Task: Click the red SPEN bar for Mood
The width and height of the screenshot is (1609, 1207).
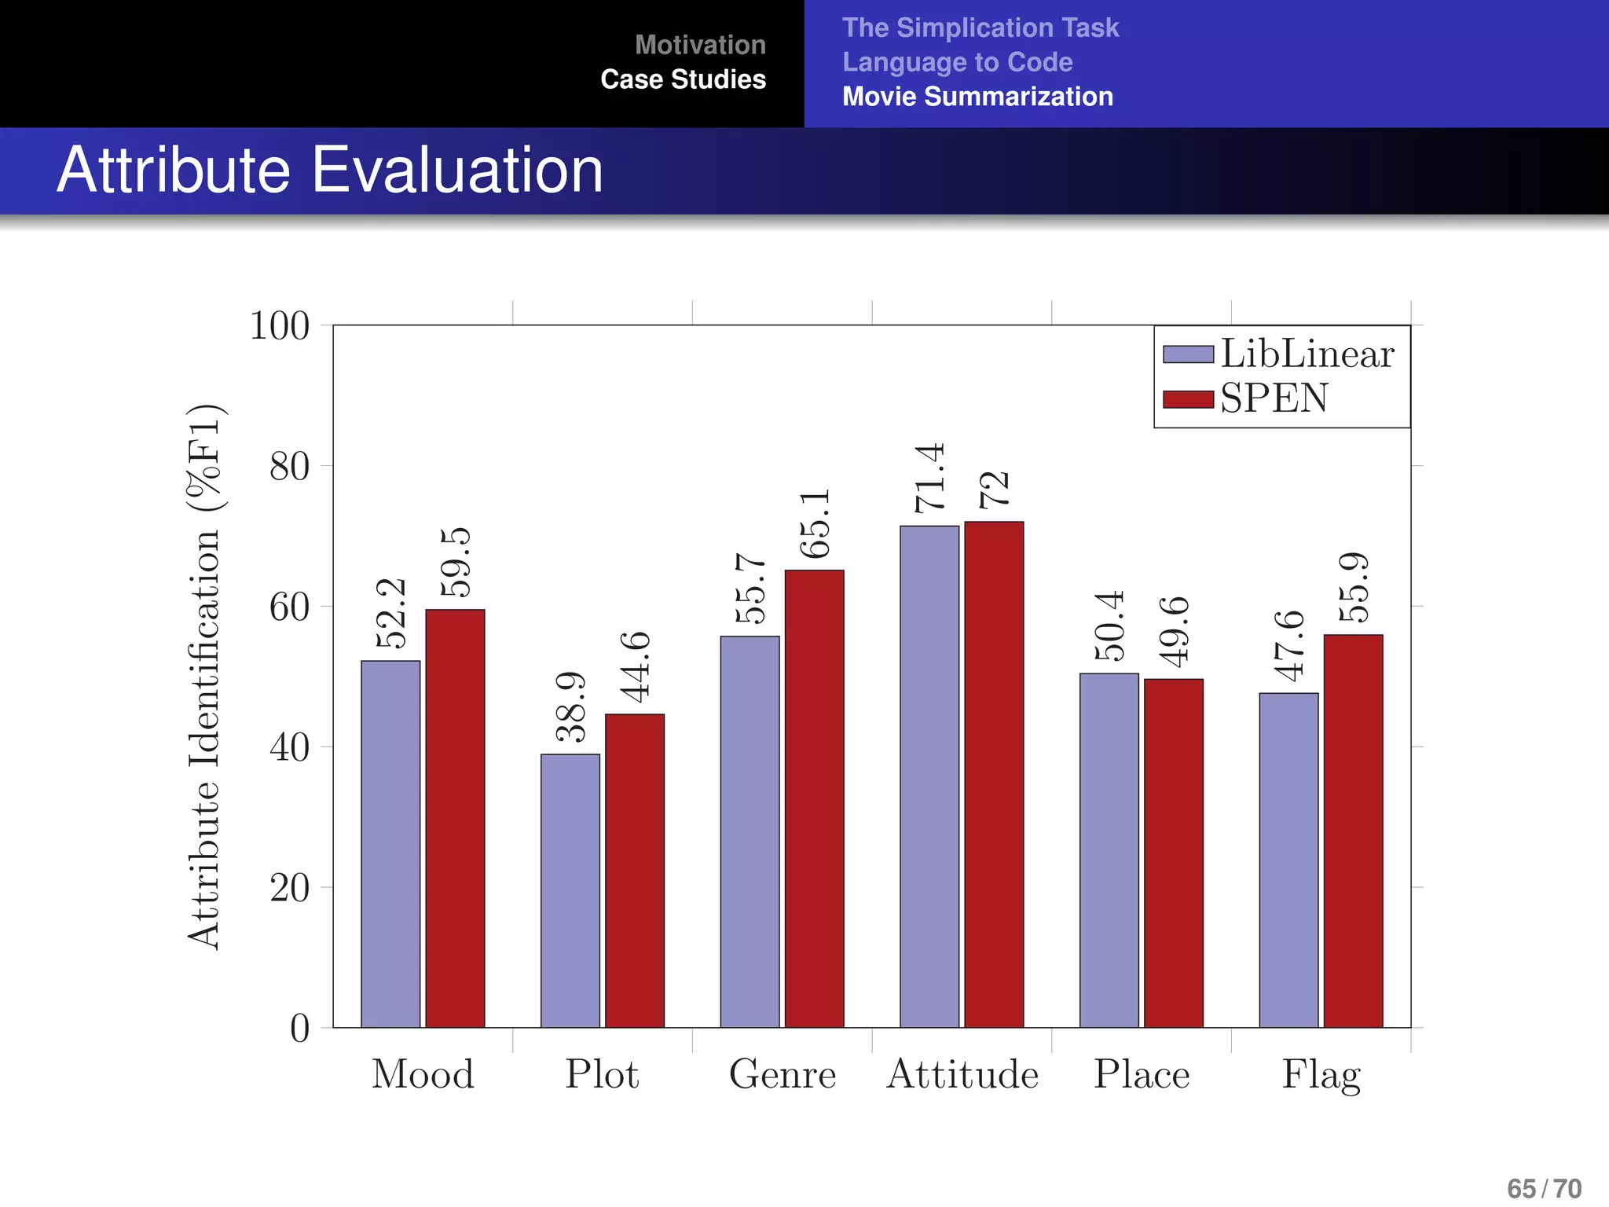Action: [x=455, y=817]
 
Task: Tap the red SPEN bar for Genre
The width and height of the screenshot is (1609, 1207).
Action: [x=814, y=798]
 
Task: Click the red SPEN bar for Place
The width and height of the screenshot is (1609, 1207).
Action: [x=1173, y=853]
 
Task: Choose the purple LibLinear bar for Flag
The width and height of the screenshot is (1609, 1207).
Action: [x=1288, y=860]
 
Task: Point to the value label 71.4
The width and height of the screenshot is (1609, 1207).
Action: [x=929, y=478]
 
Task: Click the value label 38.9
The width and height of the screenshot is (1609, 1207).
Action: [x=571, y=706]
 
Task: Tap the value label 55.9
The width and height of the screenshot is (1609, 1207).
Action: [x=1354, y=587]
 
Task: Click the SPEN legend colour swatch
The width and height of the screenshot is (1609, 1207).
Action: [x=1188, y=398]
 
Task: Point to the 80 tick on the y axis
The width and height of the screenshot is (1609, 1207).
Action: [x=289, y=467]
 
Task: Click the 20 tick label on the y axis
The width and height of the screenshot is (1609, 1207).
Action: [x=289, y=889]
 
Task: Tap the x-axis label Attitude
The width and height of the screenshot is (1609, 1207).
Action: [x=962, y=1074]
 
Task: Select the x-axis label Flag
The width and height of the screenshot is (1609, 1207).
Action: [x=1321, y=1074]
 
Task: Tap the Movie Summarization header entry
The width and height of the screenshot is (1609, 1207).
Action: [x=977, y=97]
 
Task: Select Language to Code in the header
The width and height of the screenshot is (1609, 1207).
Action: [x=957, y=62]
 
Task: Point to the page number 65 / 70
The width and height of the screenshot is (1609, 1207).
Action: [x=1544, y=1188]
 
